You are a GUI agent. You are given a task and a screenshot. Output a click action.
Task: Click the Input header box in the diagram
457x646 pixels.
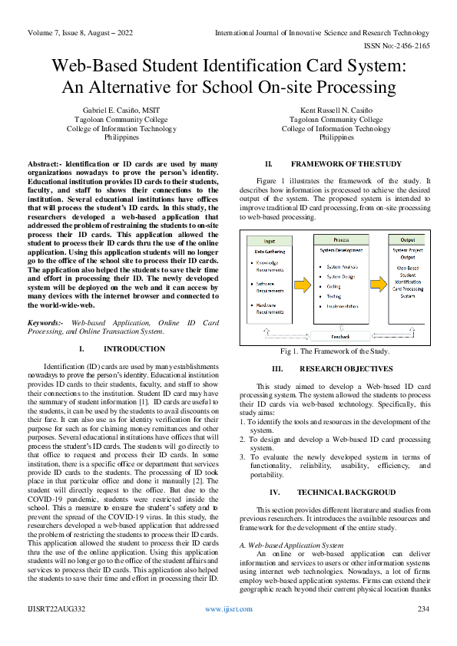coord(268,239)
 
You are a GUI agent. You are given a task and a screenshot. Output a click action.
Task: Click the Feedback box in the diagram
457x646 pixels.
coord(339,336)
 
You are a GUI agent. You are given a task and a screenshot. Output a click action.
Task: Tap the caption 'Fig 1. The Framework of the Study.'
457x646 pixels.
coord(335,351)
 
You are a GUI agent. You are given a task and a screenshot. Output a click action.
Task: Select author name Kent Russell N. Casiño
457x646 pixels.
coord(336,110)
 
